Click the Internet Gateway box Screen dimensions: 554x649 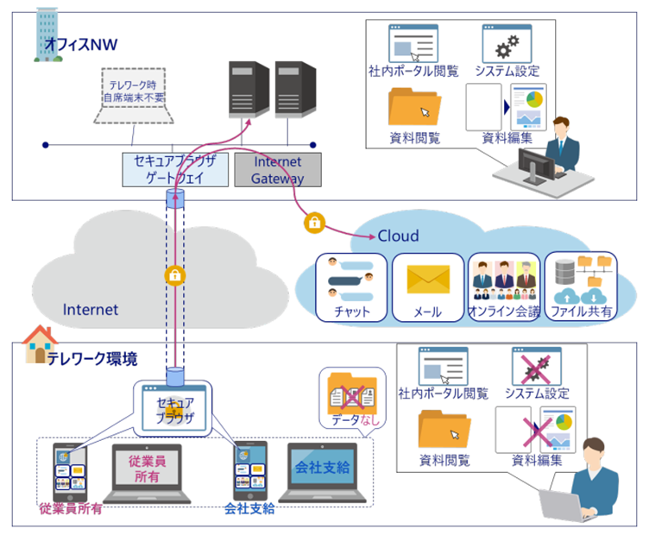(277, 170)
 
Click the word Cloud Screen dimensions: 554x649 (398, 236)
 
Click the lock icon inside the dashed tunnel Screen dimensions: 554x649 (175, 275)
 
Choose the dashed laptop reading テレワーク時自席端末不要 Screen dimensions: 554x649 (133, 99)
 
